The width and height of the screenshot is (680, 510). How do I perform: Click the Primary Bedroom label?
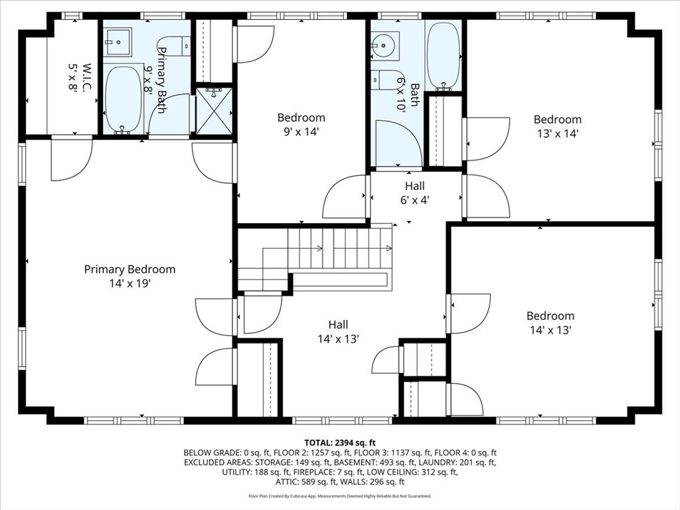click(x=129, y=270)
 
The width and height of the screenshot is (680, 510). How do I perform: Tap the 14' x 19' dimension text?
click(x=129, y=284)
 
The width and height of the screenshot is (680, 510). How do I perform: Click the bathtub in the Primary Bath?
click(x=123, y=100)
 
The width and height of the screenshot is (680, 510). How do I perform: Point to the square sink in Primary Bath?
click(x=118, y=42)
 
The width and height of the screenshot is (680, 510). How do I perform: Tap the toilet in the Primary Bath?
click(x=178, y=46)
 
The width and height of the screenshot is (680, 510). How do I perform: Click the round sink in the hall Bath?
click(x=385, y=45)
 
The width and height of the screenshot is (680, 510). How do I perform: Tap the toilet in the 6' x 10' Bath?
click(x=388, y=80)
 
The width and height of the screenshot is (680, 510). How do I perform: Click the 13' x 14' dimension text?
click(x=558, y=133)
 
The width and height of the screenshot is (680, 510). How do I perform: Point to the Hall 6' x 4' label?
click(x=415, y=193)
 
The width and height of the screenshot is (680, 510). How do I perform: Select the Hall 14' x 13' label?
click(x=338, y=332)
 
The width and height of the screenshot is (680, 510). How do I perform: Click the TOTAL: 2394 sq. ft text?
click(x=340, y=443)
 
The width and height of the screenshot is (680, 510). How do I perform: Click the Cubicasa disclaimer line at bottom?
click(x=340, y=495)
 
